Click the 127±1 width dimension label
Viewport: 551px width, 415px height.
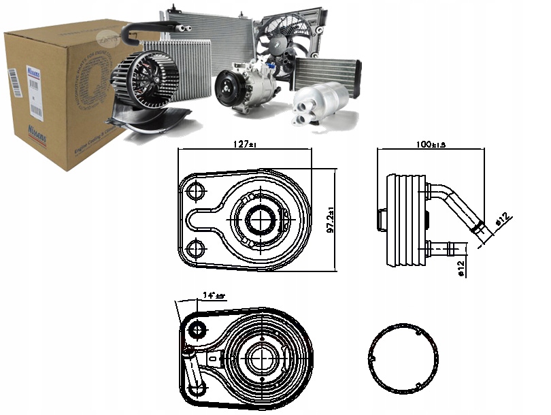(x=244, y=144)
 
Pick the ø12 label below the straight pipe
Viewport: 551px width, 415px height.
(x=461, y=269)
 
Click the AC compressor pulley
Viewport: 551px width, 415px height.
(x=229, y=88)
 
